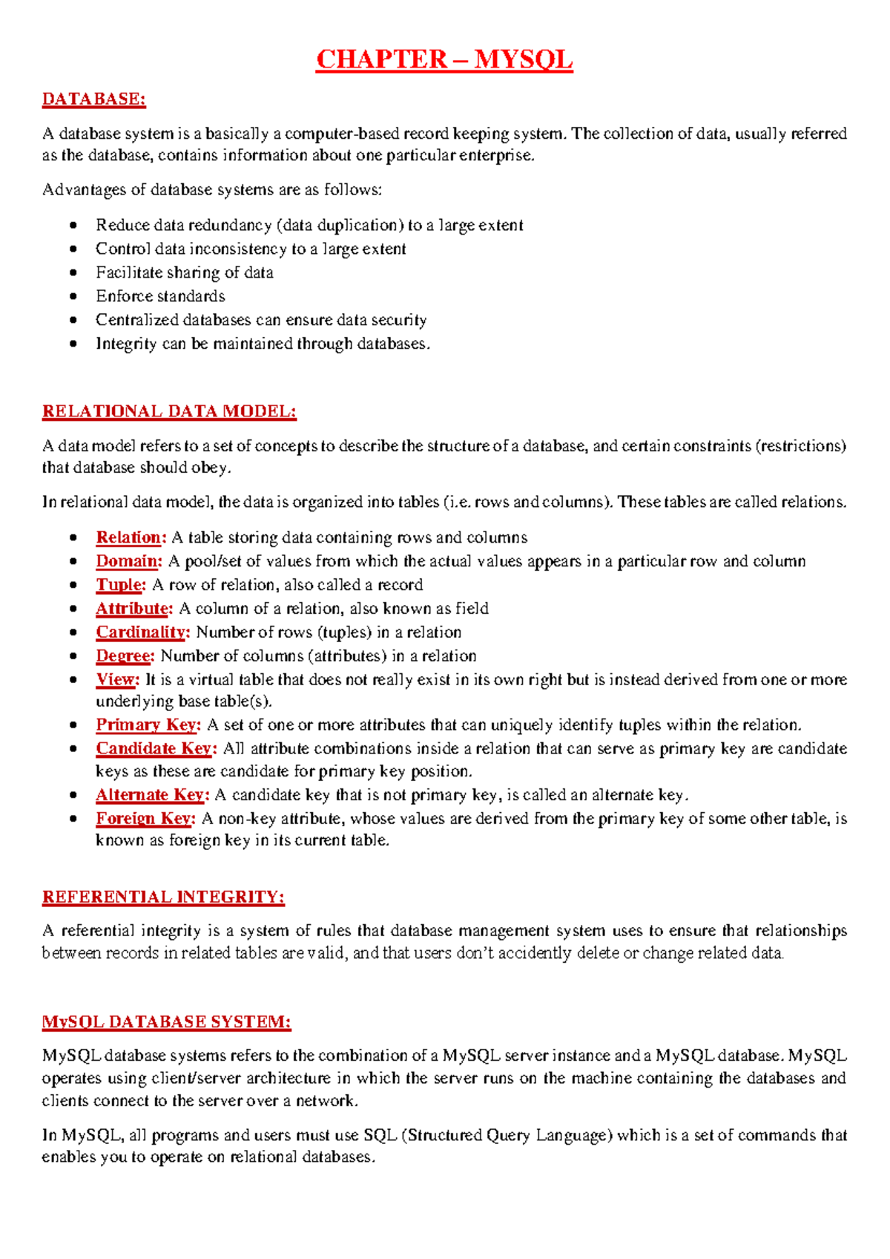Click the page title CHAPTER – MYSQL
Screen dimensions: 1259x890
(444, 59)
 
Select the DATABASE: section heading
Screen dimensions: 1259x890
(93, 99)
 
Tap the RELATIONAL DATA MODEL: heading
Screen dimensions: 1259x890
(169, 411)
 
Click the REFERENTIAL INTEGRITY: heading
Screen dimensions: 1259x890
(163, 897)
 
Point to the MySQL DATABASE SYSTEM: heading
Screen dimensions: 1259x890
(166, 1022)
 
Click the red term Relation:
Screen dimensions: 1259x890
(131, 537)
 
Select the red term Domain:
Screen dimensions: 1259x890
(128, 561)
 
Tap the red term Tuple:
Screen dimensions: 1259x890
(121, 585)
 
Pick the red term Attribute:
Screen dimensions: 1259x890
(134, 609)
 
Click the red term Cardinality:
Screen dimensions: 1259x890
(143, 632)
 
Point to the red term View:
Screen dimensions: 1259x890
(117, 680)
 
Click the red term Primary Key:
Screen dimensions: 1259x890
(148, 725)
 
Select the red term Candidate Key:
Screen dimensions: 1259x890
(156, 749)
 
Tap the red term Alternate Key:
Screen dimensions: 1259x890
(152, 795)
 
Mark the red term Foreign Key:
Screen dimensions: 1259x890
(145, 819)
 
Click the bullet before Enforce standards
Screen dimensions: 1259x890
(73, 296)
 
